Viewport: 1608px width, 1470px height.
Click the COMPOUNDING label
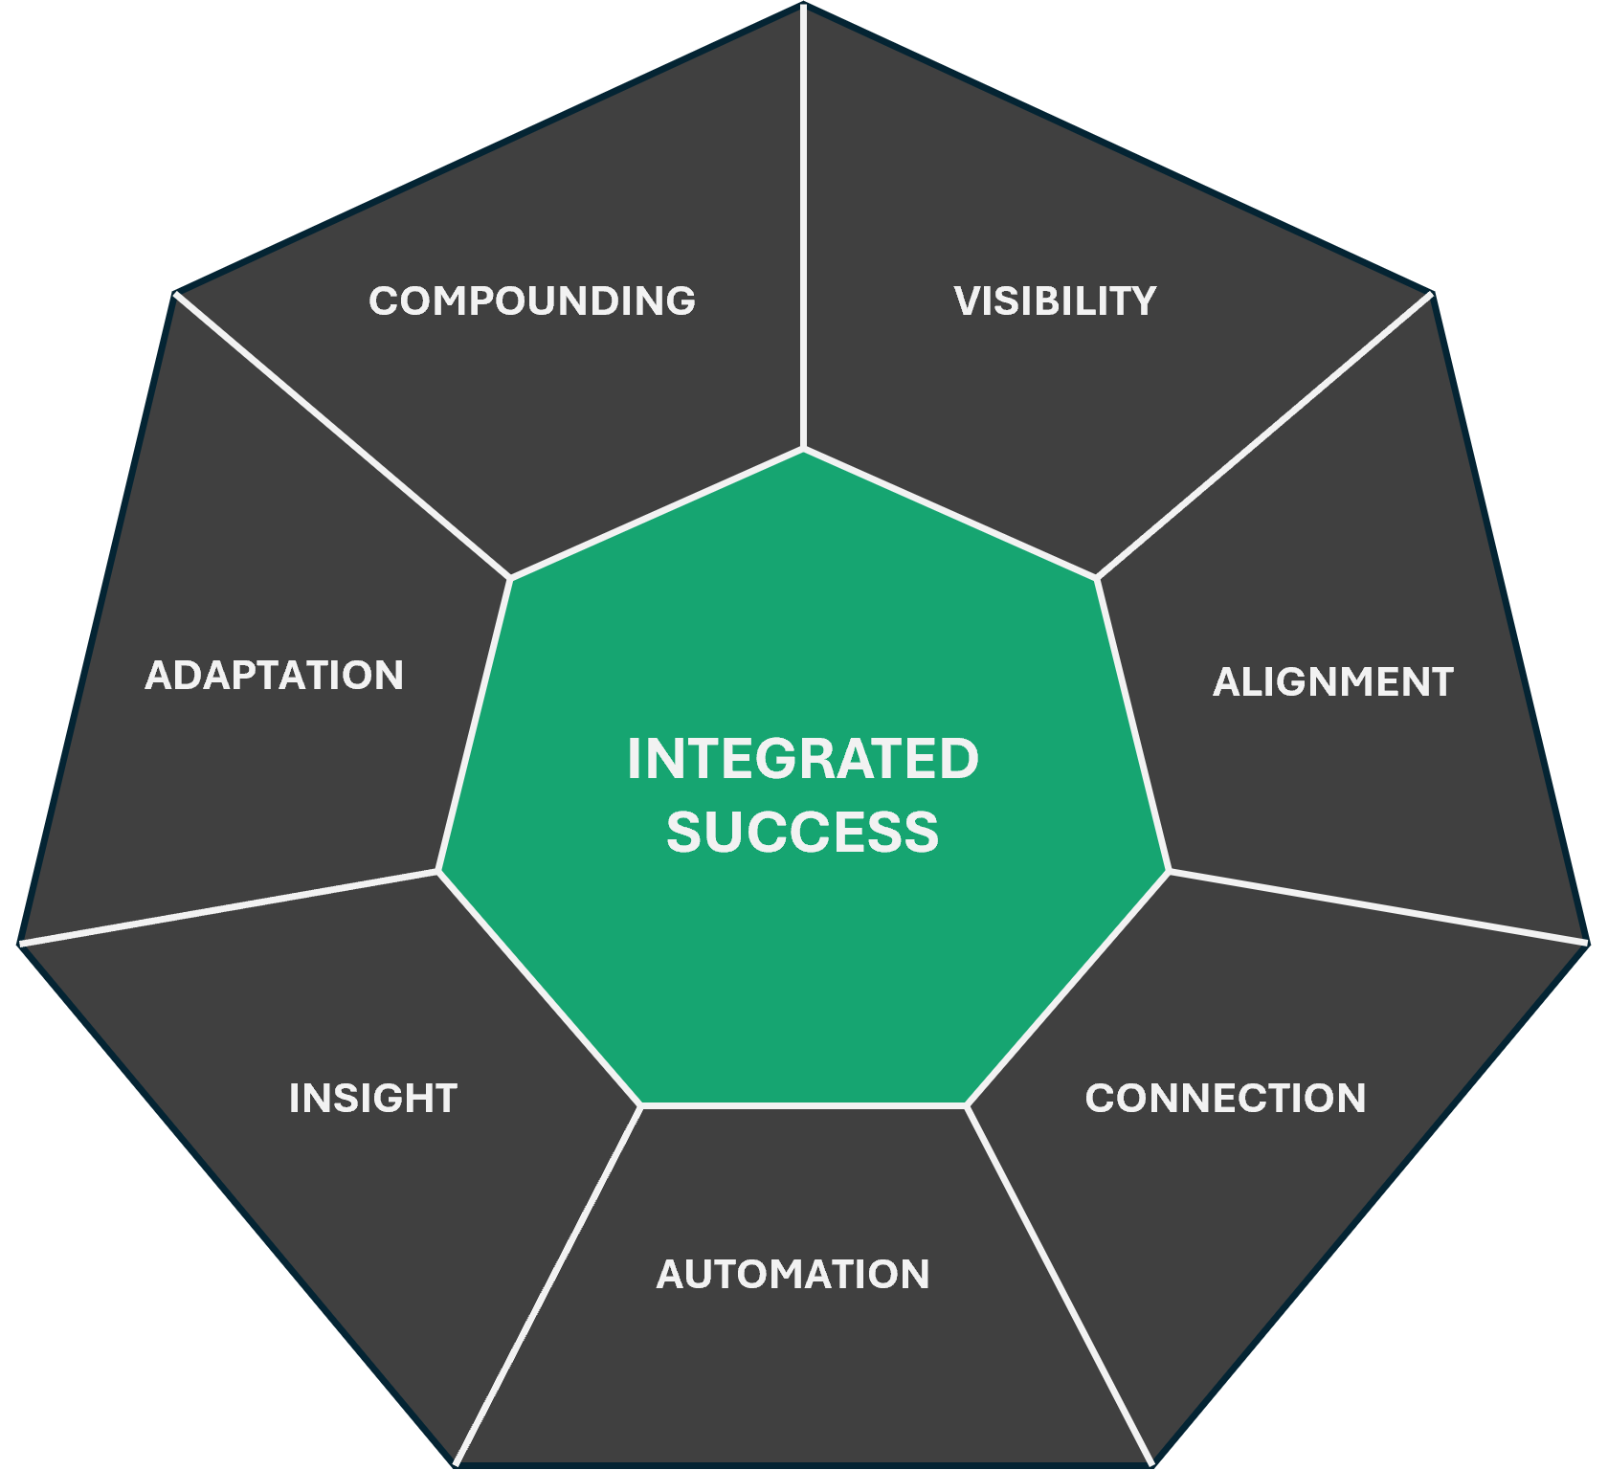[x=532, y=301]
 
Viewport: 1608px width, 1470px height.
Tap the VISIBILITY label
[x=1055, y=301]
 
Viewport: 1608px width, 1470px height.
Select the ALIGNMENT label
[x=1333, y=681]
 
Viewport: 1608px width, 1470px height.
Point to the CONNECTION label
[x=1225, y=1098]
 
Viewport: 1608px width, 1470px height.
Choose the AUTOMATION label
[x=793, y=1274]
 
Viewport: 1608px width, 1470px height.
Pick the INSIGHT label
[x=373, y=1098]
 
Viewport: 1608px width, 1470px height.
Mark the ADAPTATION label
[x=275, y=675]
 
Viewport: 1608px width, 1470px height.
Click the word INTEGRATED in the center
[x=803, y=759]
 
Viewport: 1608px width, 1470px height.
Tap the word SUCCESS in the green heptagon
[x=803, y=832]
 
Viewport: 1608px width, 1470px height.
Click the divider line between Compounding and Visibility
[x=803, y=230]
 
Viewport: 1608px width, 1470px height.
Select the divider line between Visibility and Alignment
[x=1263, y=435]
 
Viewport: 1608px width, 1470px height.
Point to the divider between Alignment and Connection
[x=1378, y=906]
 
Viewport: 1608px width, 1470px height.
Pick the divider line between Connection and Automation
[x=1060, y=1284]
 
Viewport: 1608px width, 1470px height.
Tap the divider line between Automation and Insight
[x=547, y=1284]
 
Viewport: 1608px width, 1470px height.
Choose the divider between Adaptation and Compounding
[x=343, y=435]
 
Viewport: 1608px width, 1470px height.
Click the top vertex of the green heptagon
[x=803, y=449]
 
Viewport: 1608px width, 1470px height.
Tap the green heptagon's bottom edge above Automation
[x=803, y=1105]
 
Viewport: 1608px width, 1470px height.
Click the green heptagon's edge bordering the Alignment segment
[x=1133, y=724]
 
